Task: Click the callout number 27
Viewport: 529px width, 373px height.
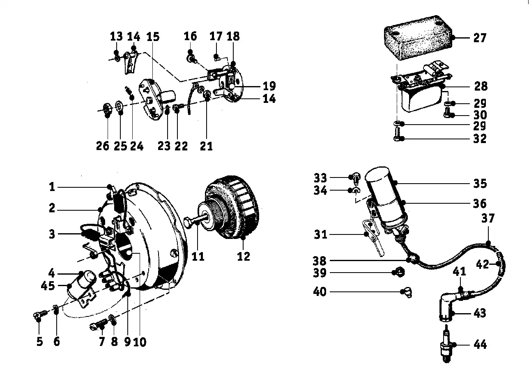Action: click(480, 38)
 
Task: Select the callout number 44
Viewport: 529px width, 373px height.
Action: click(480, 344)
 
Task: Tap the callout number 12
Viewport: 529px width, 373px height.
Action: click(244, 256)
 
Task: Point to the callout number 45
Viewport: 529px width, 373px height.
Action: click(48, 286)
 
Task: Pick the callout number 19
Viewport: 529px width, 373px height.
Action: click(269, 86)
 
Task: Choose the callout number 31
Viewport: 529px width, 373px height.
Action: click(320, 235)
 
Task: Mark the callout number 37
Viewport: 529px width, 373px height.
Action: click(488, 218)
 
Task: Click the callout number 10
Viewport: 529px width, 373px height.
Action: click(140, 342)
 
